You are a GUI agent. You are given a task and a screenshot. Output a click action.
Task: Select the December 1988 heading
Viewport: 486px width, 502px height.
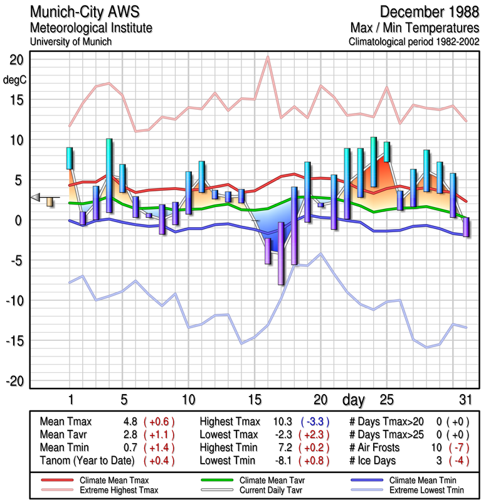tap(429, 12)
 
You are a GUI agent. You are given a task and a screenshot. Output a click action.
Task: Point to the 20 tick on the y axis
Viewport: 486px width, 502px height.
tap(16, 60)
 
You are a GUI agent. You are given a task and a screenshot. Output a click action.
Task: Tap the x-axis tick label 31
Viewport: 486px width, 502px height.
tap(464, 400)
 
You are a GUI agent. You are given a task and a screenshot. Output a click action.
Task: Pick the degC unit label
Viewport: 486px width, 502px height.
tap(15, 80)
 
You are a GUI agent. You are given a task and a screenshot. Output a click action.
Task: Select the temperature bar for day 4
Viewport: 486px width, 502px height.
tap(109, 176)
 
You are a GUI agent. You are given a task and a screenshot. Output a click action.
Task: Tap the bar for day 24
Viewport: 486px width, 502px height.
tap(374, 162)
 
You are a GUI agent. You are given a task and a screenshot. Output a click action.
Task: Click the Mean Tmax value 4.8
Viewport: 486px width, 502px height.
tap(130, 421)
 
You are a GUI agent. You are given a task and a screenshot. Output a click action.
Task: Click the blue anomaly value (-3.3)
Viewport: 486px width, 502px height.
tap(318, 421)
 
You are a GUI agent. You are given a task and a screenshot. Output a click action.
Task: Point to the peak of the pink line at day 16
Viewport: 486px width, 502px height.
tap(268, 57)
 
